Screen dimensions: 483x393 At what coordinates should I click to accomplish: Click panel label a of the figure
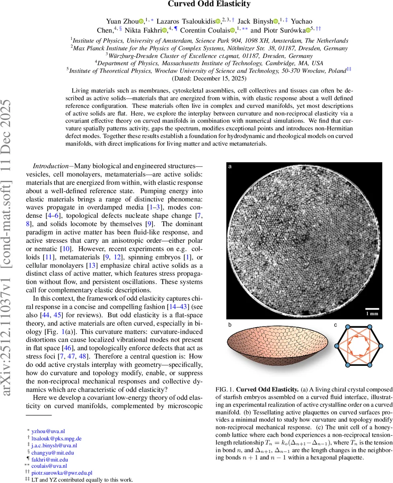230,166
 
